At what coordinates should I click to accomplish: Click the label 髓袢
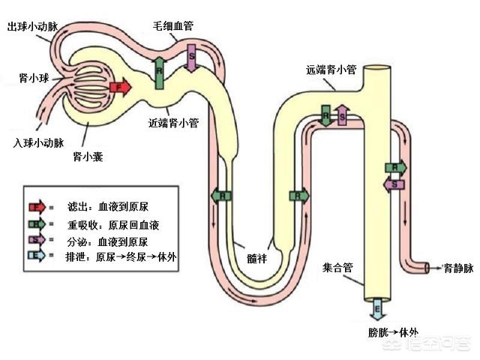pos(258,257)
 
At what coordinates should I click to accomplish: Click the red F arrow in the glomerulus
pos(120,87)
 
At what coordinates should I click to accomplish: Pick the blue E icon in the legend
pos(35,256)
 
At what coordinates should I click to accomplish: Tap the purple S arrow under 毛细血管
pos(190,58)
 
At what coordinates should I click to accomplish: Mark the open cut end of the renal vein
pos(427,267)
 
